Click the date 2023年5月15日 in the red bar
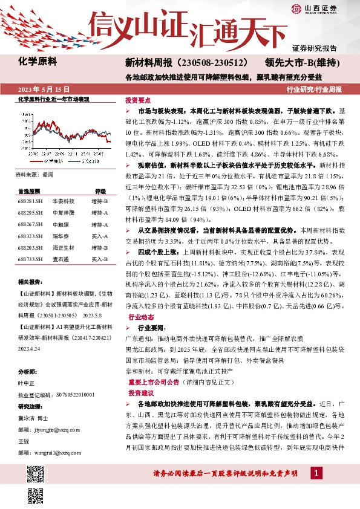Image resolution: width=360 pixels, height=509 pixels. (x=45, y=89)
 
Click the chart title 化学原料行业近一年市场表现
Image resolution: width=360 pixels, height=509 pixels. (x=54, y=99)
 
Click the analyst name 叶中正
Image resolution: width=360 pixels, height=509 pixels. (x=27, y=383)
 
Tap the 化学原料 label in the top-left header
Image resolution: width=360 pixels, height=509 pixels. (x=38, y=61)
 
